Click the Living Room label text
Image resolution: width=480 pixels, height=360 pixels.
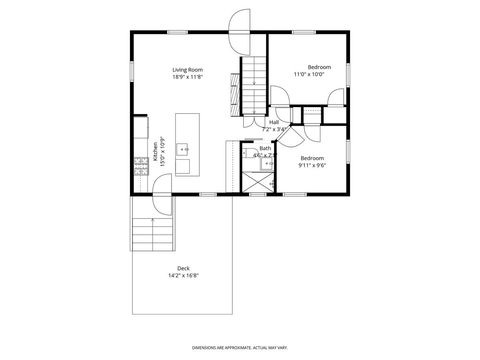point(187,69)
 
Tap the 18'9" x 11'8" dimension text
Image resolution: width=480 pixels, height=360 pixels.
point(187,76)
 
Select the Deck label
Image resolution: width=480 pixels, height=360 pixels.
point(183,268)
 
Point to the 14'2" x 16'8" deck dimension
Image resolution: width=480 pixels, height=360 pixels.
point(183,275)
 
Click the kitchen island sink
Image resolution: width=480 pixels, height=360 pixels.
point(183,149)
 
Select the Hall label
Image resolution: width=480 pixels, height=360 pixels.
point(273,122)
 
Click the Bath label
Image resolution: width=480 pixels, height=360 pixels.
point(264,148)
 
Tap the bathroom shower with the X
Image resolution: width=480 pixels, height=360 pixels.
point(257,183)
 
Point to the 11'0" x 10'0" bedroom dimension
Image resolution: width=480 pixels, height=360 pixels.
point(311,74)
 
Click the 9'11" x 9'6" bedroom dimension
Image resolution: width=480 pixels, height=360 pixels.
point(311,164)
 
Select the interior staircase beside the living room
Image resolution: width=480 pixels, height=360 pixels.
point(255,84)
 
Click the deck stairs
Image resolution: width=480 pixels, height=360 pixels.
point(153,237)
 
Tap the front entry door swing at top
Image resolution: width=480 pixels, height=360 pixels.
point(239,22)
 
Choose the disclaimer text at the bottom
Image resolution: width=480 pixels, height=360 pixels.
point(239,342)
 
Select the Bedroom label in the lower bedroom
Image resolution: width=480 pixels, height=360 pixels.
point(311,157)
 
